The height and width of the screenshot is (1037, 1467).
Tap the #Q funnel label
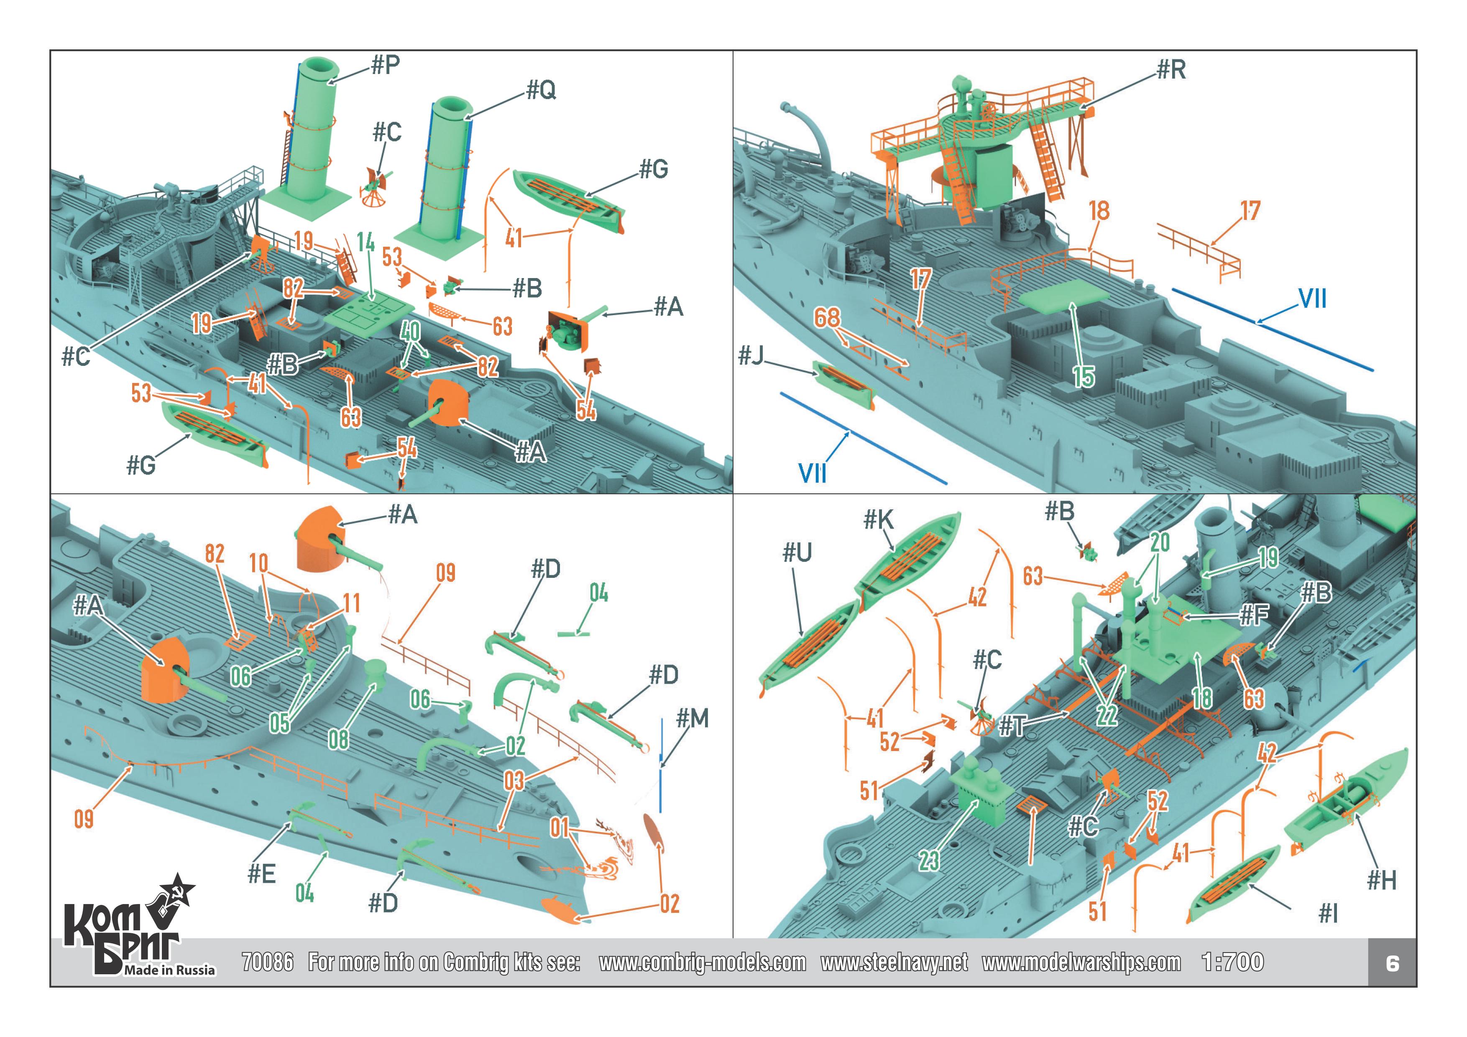point(541,91)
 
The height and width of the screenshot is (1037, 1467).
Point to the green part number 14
point(365,243)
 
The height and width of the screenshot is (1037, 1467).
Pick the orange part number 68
point(827,317)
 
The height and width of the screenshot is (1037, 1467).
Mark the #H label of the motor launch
point(1381,881)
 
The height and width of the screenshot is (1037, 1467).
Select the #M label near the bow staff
point(693,719)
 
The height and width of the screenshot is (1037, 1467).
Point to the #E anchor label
point(262,874)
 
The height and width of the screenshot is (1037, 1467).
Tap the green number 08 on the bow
point(338,740)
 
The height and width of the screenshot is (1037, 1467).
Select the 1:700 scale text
point(1232,962)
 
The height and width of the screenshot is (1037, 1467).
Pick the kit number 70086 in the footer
point(268,962)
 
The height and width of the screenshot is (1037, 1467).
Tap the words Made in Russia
point(170,970)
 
